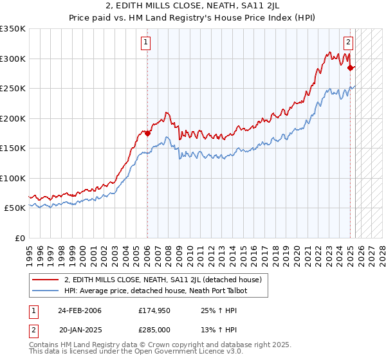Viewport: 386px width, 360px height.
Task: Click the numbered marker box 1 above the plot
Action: pyautogui.click(x=147, y=43)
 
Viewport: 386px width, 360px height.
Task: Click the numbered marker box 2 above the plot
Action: pyautogui.click(x=348, y=43)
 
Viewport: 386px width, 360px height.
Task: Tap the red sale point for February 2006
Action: pyautogui.click(x=147, y=134)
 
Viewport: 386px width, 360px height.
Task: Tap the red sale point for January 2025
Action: pyautogui.click(x=350, y=67)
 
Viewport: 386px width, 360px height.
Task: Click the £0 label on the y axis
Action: pyautogui.click(x=19, y=238)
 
